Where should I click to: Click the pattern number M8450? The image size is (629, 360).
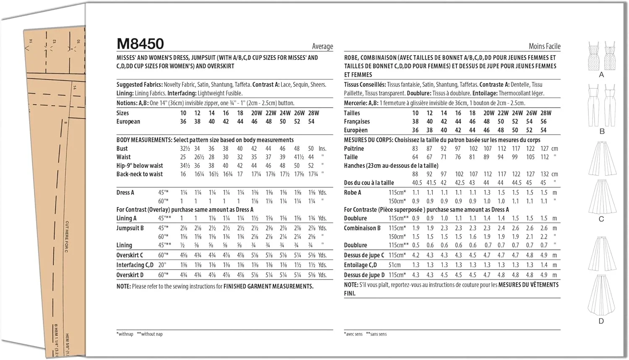point(140,44)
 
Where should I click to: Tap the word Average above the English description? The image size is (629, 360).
point(322,47)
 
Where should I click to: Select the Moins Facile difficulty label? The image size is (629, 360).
point(544,47)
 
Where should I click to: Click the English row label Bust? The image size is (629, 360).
point(122,149)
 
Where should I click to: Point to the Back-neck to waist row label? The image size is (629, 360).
point(139,174)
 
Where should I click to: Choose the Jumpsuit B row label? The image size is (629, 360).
point(130,228)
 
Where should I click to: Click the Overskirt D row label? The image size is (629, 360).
point(130,275)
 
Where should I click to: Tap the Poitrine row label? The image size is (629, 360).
point(354,149)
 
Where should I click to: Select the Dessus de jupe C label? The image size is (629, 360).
point(364,255)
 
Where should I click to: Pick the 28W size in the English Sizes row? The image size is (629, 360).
point(313,113)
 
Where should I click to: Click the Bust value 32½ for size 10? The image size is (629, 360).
point(185,149)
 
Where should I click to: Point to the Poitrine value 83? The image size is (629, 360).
point(415,149)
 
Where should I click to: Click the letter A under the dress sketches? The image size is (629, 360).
point(601,75)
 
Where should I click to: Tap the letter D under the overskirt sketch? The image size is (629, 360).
point(601,321)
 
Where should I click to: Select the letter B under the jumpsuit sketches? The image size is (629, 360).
point(602,131)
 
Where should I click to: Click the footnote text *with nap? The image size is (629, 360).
point(125,334)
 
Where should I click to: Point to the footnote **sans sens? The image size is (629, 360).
point(376,334)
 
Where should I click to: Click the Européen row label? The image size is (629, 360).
point(356,130)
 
